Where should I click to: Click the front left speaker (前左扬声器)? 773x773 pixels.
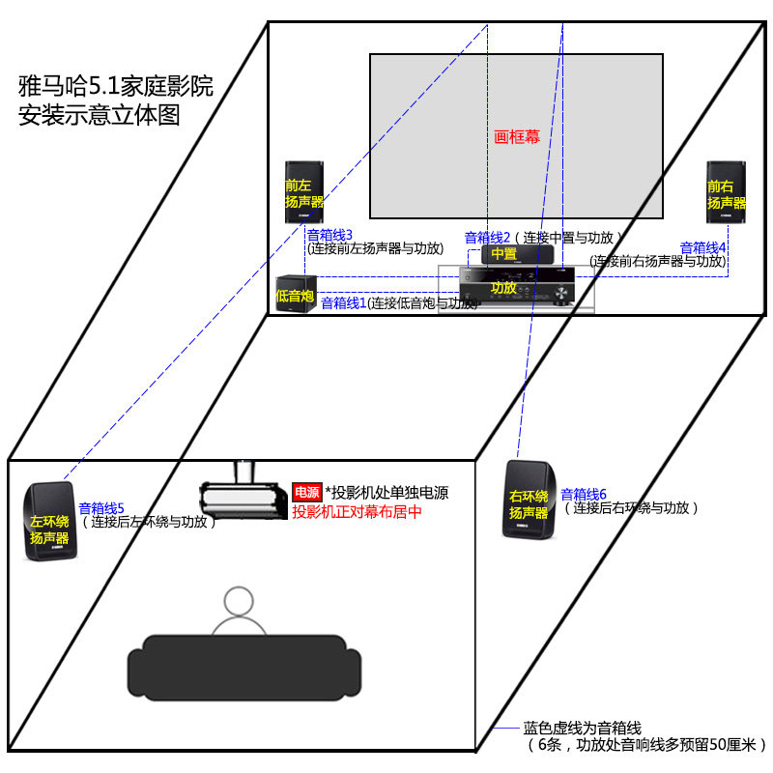point(303,191)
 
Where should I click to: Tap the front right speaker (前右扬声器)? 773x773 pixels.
point(726,191)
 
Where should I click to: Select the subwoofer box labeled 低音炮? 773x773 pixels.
point(296,294)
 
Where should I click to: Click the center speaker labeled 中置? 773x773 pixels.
point(517,254)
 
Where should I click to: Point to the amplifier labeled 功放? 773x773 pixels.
point(518,287)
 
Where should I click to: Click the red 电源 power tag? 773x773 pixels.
point(305,493)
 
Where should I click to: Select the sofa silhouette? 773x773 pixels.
point(237,665)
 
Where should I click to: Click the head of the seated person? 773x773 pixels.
point(237,603)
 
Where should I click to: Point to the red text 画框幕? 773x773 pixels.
point(517,137)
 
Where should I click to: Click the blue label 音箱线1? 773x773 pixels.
point(343,303)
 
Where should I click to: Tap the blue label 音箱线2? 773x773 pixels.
point(487,237)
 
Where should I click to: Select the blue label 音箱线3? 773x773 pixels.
point(329,235)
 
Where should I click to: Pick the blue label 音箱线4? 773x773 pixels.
point(702,248)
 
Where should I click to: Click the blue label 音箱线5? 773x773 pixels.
point(101,508)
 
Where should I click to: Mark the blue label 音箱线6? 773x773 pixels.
point(584,494)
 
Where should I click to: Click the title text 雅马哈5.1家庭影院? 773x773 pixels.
point(116,87)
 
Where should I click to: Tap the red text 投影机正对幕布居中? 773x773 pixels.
point(358,512)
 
